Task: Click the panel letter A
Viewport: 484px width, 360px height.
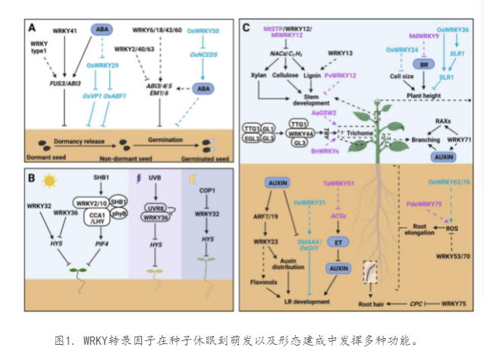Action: click(33, 28)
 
